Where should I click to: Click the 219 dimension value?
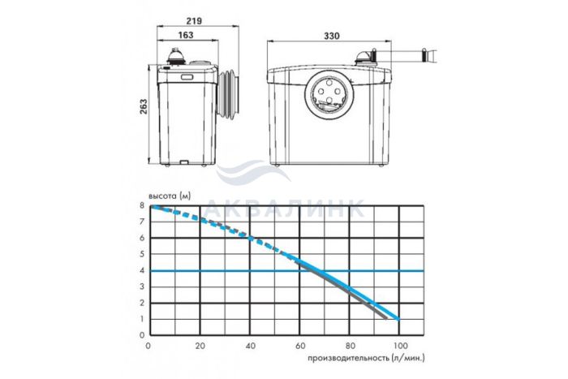pyautogui.click(x=194, y=21)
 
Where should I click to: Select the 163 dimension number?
pyautogui.click(x=186, y=35)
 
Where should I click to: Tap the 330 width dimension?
pyautogui.click(x=331, y=36)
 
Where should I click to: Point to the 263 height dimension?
pyautogui.click(x=144, y=106)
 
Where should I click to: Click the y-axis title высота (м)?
pyautogui.click(x=169, y=196)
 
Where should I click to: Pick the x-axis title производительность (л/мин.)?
pyautogui.click(x=366, y=358)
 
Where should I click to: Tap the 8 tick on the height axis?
pyautogui.click(x=142, y=205)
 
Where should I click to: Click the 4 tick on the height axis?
pyautogui.click(x=142, y=270)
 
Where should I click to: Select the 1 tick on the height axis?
pyautogui.click(x=142, y=319)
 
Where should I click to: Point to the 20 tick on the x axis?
pyautogui.click(x=200, y=346)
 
